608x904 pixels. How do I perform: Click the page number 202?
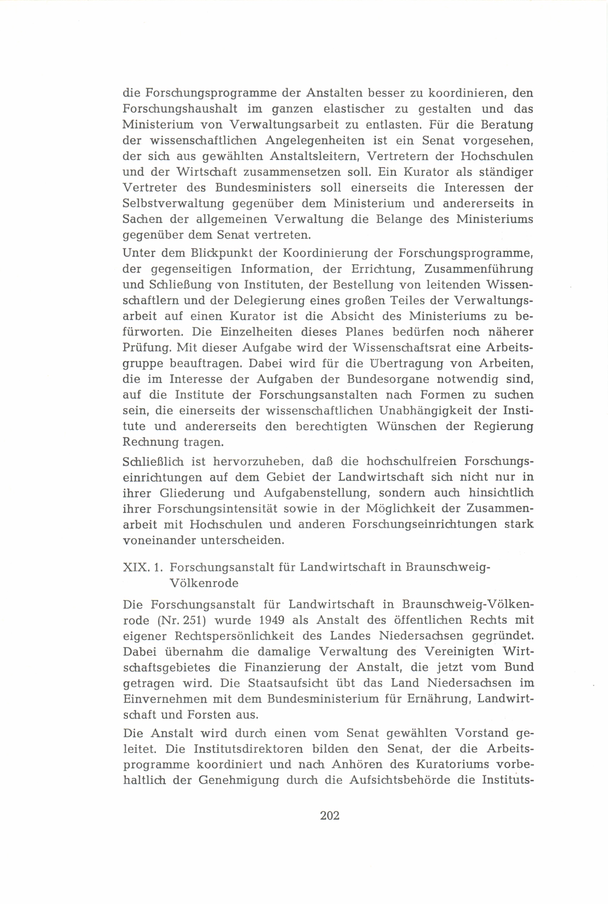330,816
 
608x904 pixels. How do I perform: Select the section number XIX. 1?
142,567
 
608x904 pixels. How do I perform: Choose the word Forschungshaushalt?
180,109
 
